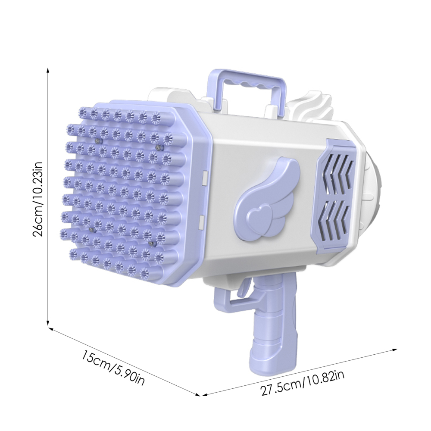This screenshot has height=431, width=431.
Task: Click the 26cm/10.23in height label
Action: coord(37,199)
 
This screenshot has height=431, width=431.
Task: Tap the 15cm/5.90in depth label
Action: coord(113,368)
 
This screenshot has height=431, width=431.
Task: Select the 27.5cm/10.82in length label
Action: coord(303,383)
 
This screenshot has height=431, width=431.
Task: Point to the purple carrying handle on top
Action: coord(247,82)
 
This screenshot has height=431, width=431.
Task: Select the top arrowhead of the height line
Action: coord(48,70)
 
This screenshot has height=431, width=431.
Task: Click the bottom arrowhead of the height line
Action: coord(48,323)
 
